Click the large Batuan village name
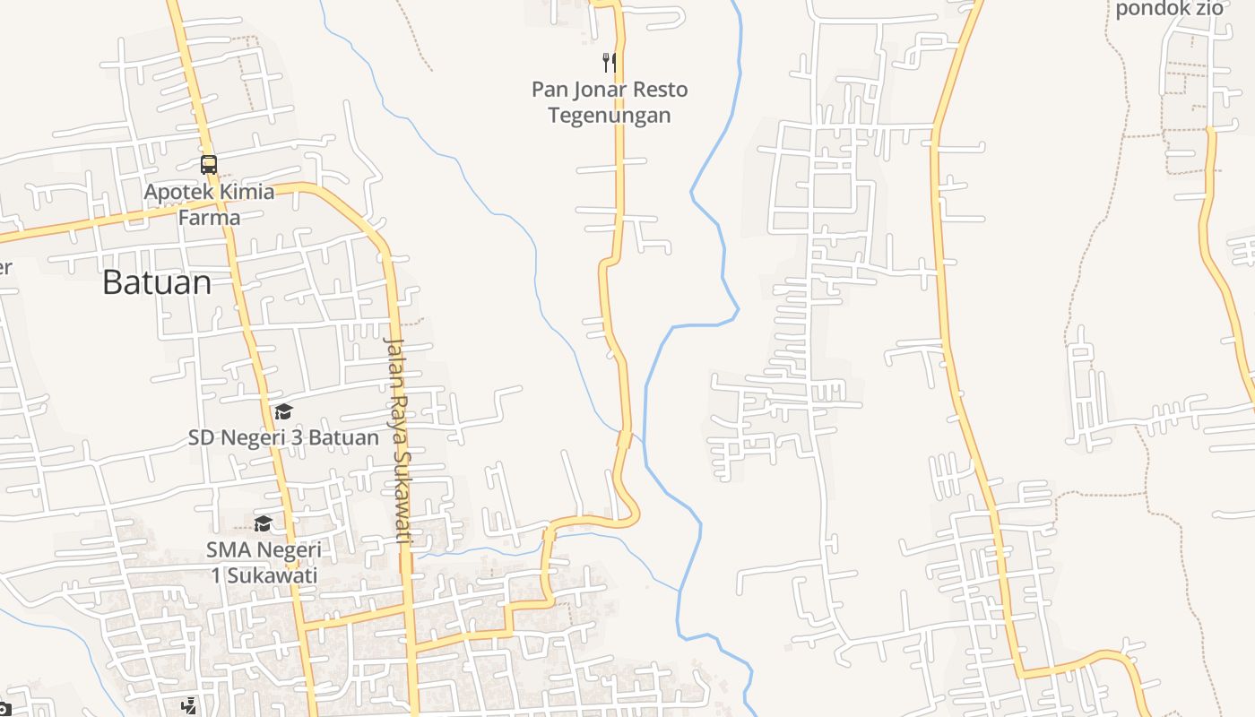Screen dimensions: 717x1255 (x=157, y=282)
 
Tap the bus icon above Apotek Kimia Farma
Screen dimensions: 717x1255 (x=209, y=165)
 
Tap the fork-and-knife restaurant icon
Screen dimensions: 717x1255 (x=609, y=62)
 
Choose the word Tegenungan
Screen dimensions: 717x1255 (x=610, y=116)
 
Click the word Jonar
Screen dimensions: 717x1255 (x=599, y=90)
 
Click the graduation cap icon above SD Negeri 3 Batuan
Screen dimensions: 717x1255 (x=283, y=411)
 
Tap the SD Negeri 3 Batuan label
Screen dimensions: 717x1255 (x=283, y=438)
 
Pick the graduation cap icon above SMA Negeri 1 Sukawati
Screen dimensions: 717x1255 (x=263, y=523)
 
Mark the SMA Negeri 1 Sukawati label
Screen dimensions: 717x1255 (x=264, y=562)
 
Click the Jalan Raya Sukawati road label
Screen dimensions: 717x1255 (x=397, y=440)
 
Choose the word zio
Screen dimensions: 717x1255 (x=1209, y=9)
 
